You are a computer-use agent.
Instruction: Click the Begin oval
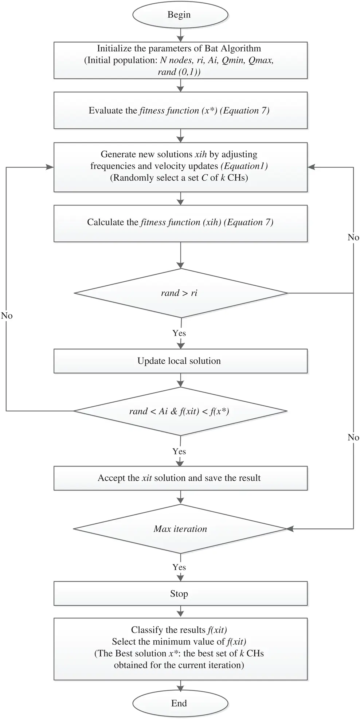180,15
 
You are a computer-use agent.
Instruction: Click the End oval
180,703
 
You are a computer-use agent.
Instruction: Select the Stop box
180,594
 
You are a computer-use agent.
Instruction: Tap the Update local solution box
180,361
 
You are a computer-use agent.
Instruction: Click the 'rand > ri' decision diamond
180,293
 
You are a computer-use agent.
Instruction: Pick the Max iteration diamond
180,529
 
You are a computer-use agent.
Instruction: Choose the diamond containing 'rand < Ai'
180,411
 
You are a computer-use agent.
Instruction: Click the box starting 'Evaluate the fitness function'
180,111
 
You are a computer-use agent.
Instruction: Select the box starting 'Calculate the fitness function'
180,222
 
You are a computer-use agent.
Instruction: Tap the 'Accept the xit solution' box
180,478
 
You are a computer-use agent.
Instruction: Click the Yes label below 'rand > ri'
179,333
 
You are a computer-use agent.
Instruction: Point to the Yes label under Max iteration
179,567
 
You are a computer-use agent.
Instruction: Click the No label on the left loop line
7,316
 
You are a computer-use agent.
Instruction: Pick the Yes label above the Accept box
179,451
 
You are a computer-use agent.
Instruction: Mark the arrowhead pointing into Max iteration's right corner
290,529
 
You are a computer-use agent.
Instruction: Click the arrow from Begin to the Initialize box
180,35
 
